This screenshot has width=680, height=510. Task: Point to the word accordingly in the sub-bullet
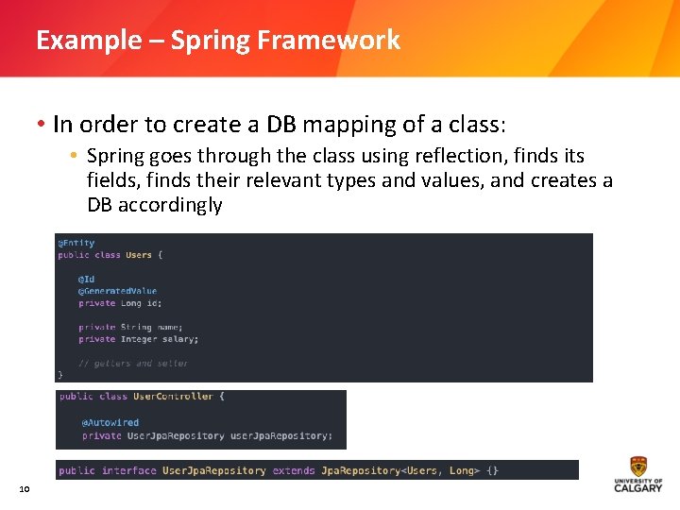coord(172,205)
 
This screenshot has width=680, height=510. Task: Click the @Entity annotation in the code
coord(76,243)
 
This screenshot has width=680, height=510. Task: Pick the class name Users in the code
coord(139,255)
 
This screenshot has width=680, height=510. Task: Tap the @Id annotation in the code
coord(87,280)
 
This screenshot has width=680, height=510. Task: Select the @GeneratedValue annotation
coord(118,291)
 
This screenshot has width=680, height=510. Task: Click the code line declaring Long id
coord(120,303)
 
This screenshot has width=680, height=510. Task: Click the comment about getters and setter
coord(133,363)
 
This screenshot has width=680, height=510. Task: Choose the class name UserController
coord(173,397)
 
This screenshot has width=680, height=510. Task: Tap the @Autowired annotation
coord(110,423)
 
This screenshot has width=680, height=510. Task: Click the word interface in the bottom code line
coord(129,470)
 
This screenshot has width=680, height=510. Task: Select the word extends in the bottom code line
coord(294,470)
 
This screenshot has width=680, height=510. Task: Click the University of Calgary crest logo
coord(638,467)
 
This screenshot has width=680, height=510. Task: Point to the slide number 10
coord(25,488)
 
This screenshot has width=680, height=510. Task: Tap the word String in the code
coord(136,327)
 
